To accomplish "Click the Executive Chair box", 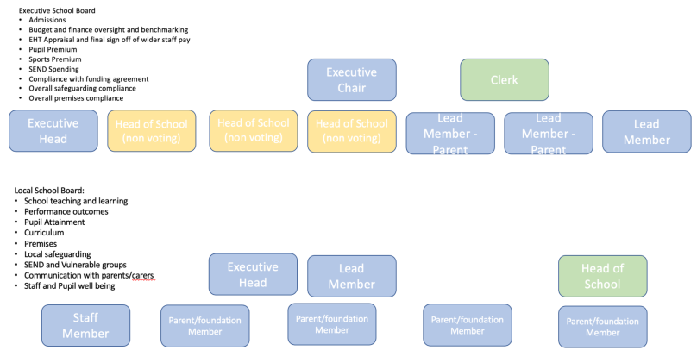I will pyautogui.click(x=352, y=79).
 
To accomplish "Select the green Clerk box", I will pyautogui.click(x=504, y=80).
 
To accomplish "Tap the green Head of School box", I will pyautogui.click(x=602, y=276).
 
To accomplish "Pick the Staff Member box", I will pyautogui.click(x=85, y=326).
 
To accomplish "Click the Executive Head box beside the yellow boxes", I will pyautogui.click(x=53, y=131).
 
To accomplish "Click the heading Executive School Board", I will pyautogui.click(x=57, y=10).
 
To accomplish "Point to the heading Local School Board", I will pyautogui.click(x=49, y=190).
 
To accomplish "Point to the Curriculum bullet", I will pyautogui.click(x=44, y=233).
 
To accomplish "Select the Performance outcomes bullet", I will pyautogui.click(x=66, y=211).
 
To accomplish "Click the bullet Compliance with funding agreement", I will pyautogui.click(x=88, y=78).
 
